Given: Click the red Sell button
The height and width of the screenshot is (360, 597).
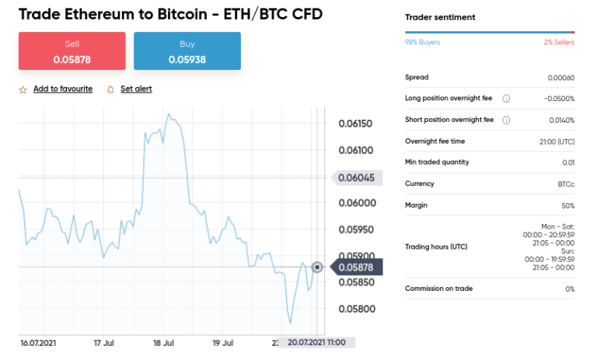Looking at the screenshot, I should (72, 51).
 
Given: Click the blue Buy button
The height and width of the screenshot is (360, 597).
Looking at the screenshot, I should (187, 51).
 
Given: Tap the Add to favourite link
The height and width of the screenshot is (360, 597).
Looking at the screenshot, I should (63, 89).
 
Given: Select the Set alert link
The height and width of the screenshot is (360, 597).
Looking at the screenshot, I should (136, 89).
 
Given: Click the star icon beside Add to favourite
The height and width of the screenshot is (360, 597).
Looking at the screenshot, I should (23, 89).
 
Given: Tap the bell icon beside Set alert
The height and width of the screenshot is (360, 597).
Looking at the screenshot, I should (110, 89).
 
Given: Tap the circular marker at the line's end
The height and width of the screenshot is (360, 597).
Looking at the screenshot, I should (317, 267).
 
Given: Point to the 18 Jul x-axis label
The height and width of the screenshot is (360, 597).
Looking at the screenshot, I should (162, 342).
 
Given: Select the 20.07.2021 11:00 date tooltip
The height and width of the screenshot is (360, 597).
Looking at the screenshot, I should (317, 342).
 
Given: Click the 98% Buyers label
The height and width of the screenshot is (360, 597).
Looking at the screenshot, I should (422, 42).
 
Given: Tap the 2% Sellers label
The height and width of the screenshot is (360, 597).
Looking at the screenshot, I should (559, 42).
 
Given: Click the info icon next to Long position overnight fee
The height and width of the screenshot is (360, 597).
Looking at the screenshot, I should (506, 99).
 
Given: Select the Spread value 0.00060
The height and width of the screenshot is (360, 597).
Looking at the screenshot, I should (560, 78).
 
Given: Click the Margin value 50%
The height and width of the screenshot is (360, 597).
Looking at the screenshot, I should (567, 205).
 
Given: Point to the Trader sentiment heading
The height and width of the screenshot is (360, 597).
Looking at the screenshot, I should (440, 17).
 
